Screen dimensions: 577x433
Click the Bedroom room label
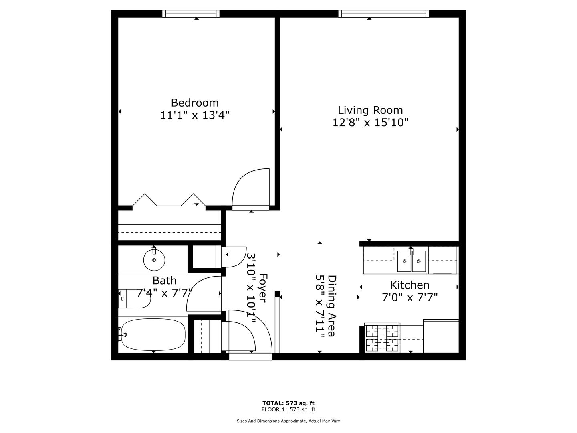tap(194, 103)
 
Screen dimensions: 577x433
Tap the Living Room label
tap(370, 110)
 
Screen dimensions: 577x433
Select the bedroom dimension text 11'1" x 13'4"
tap(194, 115)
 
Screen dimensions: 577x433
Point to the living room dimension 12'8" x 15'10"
tap(370, 123)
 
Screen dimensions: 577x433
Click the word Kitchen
tap(410, 285)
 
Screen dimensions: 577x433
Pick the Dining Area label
tap(332, 306)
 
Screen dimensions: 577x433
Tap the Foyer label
tap(263, 288)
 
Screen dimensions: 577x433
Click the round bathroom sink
tap(154, 260)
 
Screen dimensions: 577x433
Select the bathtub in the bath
tap(153, 334)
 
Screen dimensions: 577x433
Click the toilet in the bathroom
tap(134, 298)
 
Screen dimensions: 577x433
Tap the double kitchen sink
tap(412, 261)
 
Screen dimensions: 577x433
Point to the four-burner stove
tap(382, 338)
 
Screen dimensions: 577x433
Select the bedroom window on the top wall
tap(191, 14)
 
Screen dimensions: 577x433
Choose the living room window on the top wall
tap(383, 14)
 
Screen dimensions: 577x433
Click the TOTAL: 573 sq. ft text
tap(288, 403)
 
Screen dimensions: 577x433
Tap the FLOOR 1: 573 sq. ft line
tap(288, 409)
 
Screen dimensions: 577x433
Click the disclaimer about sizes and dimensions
tap(288, 421)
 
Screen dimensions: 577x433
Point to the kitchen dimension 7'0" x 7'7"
tap(410, 298)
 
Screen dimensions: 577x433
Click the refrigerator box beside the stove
tap(441, 336)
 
